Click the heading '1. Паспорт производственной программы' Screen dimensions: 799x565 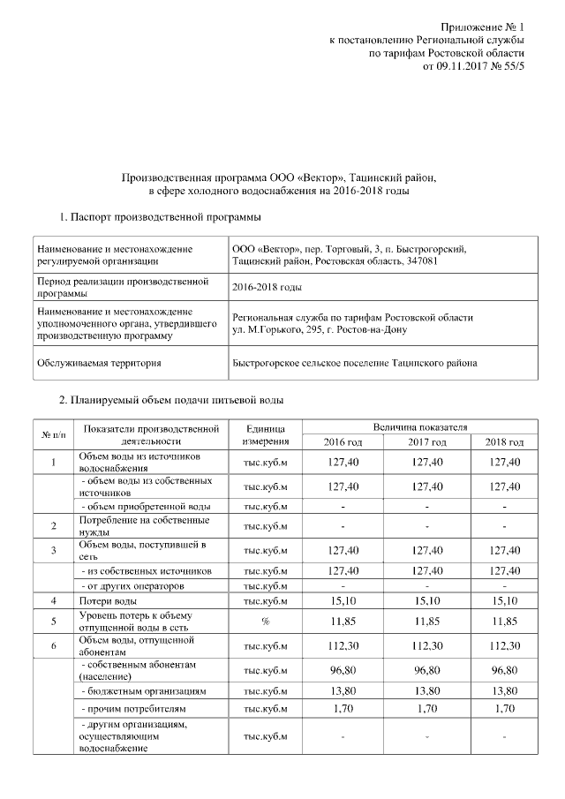click(x=159, y=217)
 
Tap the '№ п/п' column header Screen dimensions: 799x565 click(x=53, y=434)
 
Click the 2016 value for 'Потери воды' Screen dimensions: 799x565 click(x=342, y=602)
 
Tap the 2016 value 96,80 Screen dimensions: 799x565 click(x=342, y=670)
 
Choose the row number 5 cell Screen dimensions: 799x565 click(x=53, y=622)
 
